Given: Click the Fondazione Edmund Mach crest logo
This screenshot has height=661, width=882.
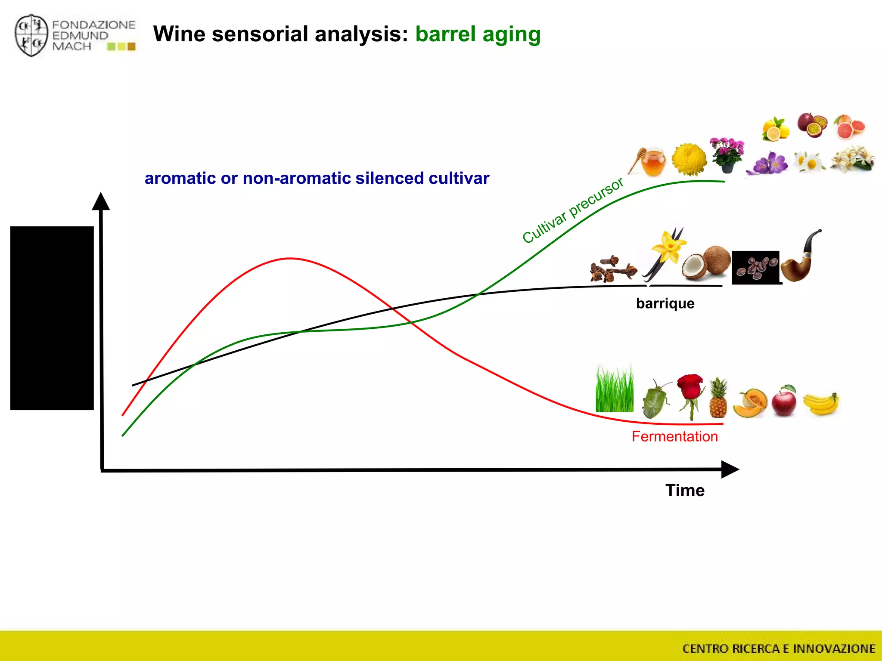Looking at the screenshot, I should point(31,36).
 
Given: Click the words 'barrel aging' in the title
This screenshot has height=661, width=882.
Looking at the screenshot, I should point(478,34).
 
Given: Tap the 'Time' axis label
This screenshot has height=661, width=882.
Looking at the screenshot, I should point(684,491).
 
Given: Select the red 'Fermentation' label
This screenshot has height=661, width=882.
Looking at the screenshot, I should point(674,436).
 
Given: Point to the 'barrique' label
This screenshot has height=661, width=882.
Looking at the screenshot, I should point(665,303).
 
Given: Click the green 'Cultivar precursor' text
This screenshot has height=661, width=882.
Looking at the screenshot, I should point(572,210).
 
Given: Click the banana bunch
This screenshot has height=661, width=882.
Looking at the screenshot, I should point(822,404).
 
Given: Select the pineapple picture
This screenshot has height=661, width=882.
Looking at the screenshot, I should point(718,398).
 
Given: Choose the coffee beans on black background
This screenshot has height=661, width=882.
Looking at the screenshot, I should point(756,267).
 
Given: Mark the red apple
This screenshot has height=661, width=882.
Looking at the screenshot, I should point(784,402).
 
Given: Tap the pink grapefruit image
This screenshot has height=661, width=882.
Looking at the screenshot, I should point(849,127).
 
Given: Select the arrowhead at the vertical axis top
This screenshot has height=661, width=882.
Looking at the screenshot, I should point(101,201).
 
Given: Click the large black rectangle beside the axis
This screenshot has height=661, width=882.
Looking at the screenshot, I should point(52,318).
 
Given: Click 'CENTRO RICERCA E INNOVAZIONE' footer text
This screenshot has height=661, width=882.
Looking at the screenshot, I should point(778,649).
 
